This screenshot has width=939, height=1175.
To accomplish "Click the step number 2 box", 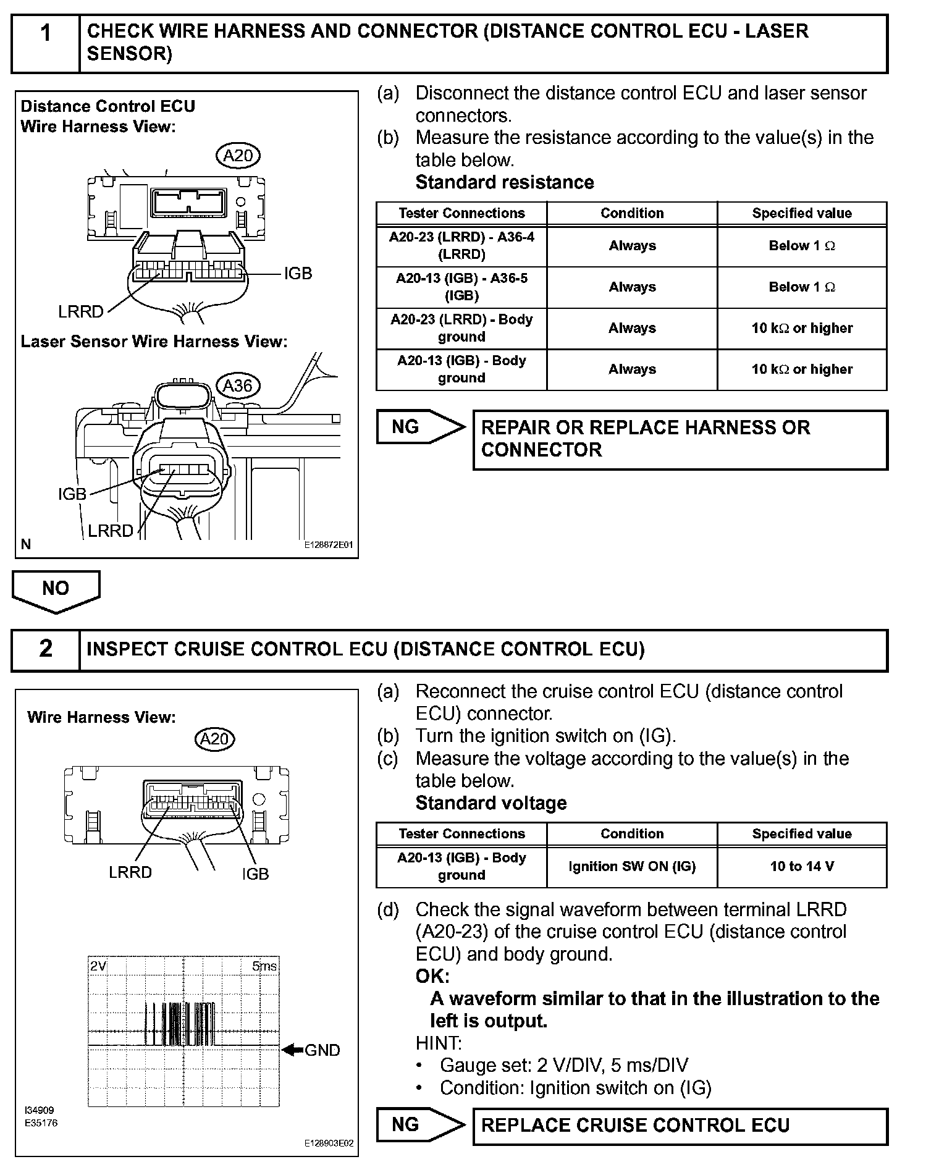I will coord(46,649).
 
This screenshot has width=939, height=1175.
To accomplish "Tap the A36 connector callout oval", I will coord(238,386).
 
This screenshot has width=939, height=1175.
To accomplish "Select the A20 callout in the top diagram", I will coord(238,156).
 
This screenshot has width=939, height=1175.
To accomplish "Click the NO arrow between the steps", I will coord(56,590).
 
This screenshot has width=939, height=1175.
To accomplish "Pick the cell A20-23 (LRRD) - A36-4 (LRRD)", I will coord(461,246).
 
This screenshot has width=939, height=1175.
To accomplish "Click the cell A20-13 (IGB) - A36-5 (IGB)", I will coord(461,287).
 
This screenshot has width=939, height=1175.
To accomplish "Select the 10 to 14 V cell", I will coord(802,866).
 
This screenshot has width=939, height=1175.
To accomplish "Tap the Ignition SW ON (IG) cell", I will coord(632,866).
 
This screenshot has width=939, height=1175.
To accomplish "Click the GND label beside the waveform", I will coord(322,1050).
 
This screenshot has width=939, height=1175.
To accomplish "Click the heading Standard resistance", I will coord(505,183).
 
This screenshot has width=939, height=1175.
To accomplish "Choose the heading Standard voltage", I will coord(491,803).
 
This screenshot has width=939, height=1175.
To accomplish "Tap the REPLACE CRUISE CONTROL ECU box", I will coord(680,1126).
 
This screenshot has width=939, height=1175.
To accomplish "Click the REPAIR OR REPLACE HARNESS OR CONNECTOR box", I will coord(680,439).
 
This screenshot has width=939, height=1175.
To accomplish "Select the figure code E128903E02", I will coord(329,1143).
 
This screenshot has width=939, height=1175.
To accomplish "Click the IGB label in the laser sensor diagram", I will coord(72,494).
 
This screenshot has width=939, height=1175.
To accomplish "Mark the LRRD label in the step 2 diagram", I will coord(130,872).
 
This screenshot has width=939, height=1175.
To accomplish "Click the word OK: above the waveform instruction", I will coord(432,977).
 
